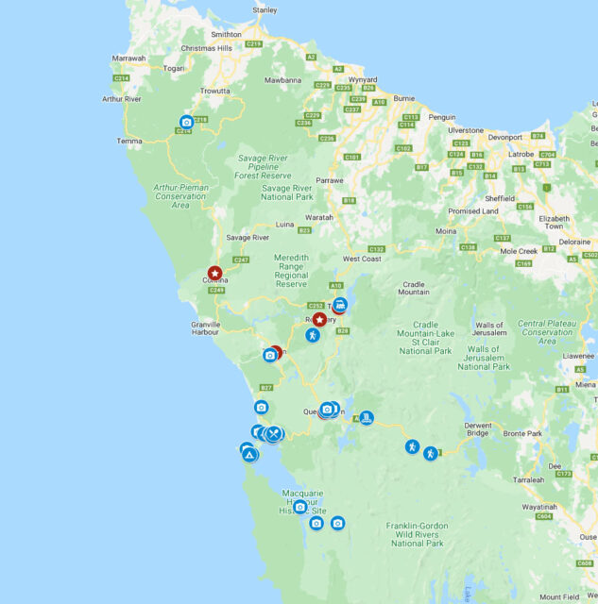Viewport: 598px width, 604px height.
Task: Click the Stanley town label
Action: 265,10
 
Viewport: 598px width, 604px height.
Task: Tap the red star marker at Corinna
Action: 214,273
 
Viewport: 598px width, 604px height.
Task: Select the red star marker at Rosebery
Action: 319,320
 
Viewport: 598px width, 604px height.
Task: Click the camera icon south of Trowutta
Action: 186,122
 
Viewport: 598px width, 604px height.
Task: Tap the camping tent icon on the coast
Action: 249,455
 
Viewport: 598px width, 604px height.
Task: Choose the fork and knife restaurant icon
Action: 274,434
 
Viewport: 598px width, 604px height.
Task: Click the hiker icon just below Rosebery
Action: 312,335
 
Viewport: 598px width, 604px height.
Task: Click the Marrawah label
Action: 128,59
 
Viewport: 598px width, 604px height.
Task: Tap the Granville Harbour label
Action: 205,327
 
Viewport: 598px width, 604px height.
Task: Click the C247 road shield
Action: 240,260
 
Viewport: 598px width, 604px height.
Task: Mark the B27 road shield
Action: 266,388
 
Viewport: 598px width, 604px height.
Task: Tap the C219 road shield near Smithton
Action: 253,43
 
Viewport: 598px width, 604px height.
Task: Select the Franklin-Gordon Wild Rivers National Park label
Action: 416,533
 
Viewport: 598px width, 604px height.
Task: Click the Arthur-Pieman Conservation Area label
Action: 180,195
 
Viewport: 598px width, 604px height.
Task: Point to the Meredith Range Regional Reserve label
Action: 303,270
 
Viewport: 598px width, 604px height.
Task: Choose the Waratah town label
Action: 318,217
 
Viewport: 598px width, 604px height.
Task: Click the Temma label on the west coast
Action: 129,141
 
